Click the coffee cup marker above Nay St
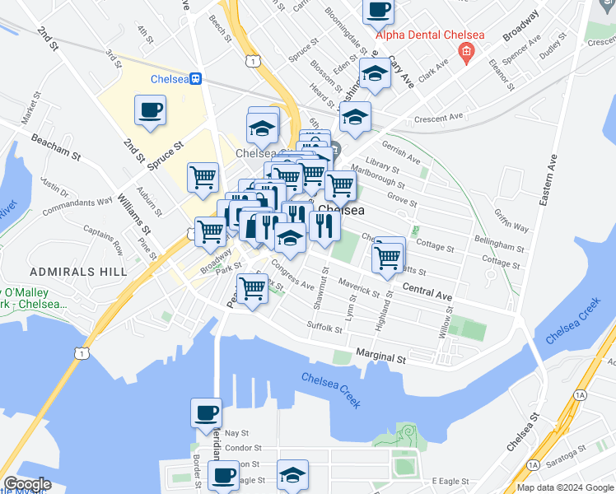coord(206,412)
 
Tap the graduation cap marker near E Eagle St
coord(292,474)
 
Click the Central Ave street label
coord(427,291)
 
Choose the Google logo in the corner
coord(26,484)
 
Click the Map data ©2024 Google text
coord(566,487)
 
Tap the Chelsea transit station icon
coord(196,79)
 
